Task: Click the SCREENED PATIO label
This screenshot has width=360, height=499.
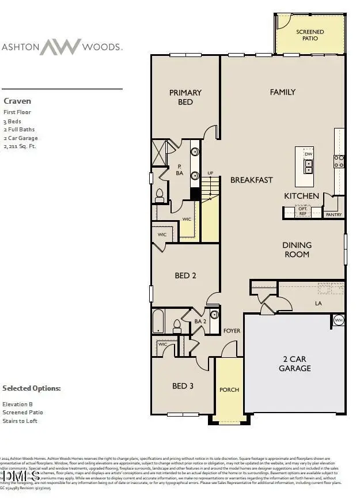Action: pyautogui.click(x=310, y=35)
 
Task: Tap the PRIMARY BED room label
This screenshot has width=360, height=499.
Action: pyautogui.click(x=185, y=97)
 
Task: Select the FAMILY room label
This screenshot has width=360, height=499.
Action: pyautogui.click(x=283, y=92)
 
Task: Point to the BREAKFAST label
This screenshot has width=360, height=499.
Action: pyautogui.click(x=251, y=180)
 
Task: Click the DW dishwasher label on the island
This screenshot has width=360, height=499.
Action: pyautogui.click(x=308, y=154)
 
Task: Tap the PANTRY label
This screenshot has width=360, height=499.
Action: pyautogui.click(x=334, y=215)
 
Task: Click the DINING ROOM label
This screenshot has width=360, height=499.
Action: pyautogui.click(x=297, y=250)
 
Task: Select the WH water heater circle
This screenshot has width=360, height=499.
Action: pyautogui.click(x=338, y=320)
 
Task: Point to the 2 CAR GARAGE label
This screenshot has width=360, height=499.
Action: pyautogui.click(x=294, y=364)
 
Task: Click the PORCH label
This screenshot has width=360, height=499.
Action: pyautogui.click(x=229, y=390)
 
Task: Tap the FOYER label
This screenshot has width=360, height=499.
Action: pyautogui.click(x=232, y=331)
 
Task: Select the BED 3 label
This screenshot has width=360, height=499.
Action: pyautogui.click(x=183, y=386)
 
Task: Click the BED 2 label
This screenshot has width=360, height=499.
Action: pyautogui.click(x=185, y=276)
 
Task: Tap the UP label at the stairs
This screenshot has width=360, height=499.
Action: pyautogui.click(x=210, y=173)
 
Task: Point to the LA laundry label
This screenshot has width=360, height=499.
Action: pyautogui.click(x=317, y=303)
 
